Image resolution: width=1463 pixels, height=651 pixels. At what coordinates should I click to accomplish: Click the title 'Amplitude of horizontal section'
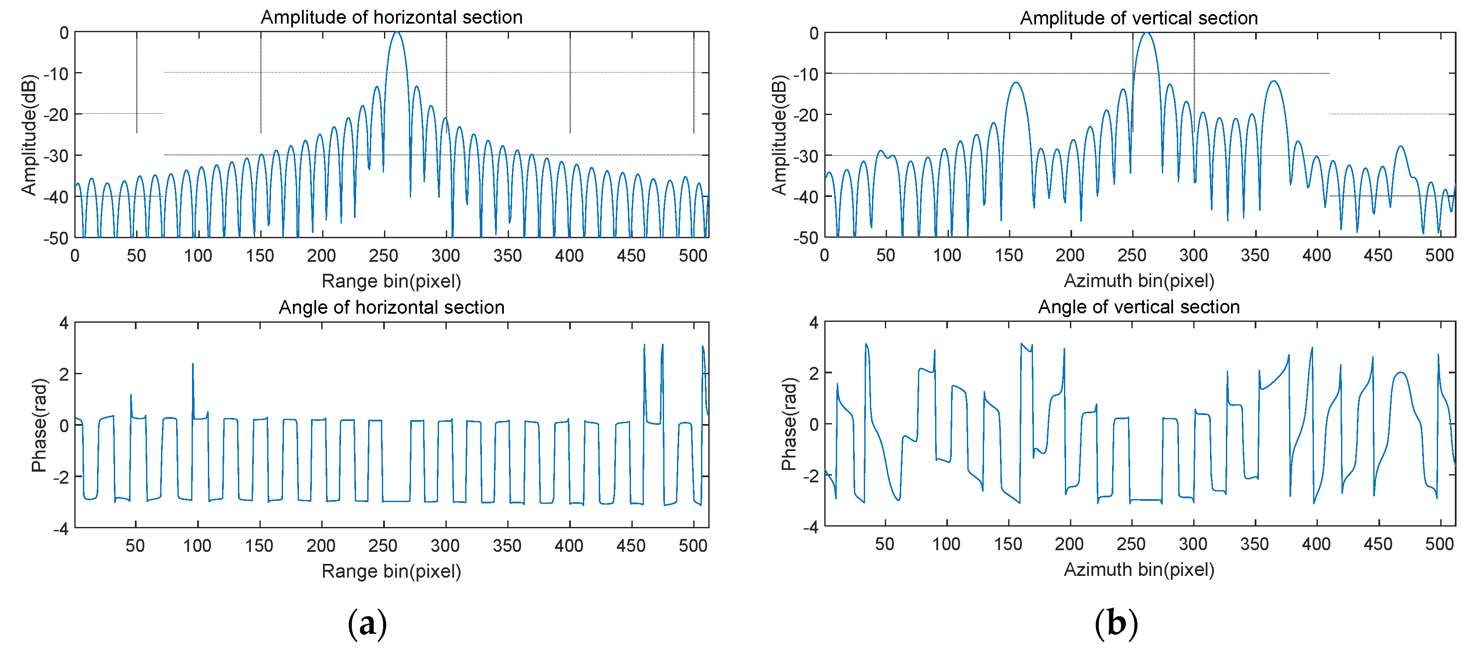(391, 17)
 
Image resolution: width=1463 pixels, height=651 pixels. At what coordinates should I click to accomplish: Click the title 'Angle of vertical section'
(1138, 306)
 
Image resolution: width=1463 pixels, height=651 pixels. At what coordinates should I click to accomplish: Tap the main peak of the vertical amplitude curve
(1147, 33)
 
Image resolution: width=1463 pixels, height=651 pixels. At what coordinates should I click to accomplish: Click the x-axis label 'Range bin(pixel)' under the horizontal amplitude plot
(391, 281)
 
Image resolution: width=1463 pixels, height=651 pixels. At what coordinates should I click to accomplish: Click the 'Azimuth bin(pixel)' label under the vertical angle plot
(1138, 569)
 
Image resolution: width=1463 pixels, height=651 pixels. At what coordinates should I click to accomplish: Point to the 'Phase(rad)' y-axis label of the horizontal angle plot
(39, 425)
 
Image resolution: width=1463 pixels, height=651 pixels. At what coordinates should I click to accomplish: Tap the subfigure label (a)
(367, 623)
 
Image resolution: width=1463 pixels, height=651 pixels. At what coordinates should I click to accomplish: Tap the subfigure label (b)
(1116, 623)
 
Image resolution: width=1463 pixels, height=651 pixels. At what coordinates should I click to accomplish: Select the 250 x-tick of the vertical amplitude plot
(1132, 255)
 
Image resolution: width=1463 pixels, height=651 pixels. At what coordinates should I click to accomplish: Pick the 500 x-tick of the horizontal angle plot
(693, 545)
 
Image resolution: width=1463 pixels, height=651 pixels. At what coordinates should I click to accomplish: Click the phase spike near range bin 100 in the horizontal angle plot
(192, 364)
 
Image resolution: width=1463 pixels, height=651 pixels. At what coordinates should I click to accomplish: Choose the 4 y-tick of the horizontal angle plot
(64, 323)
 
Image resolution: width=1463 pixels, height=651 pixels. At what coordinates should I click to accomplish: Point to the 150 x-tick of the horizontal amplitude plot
(260, 256)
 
